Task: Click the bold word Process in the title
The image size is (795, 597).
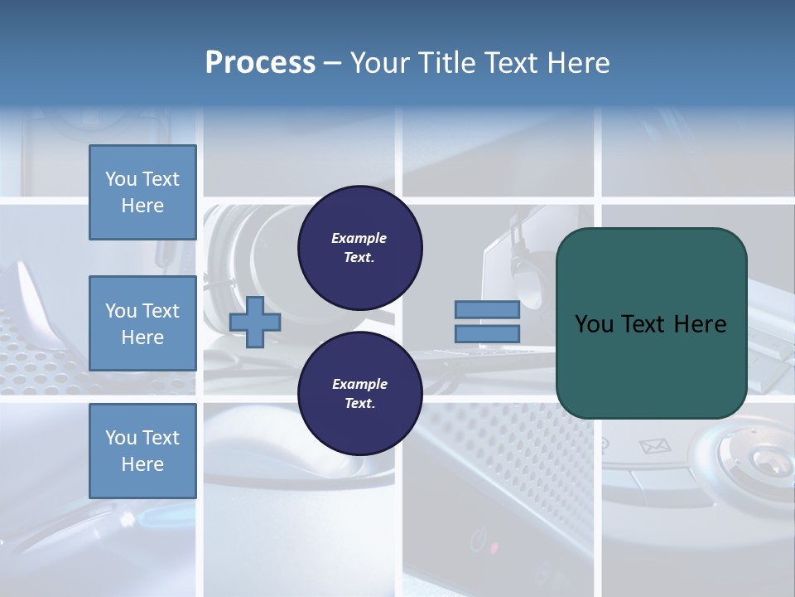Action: pyautogui.click(x=260, y=63)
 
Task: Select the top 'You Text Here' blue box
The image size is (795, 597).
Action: pyautogui.click(x=142, y=192)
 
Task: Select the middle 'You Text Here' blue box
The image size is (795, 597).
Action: pyautogui.click(x=142, y=323)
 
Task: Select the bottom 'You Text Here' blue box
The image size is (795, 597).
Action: pyautogui.click(x=142, y=451)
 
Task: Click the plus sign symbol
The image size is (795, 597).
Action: pyautogui.click(x=255, y=322)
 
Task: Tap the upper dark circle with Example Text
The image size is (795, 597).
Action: pyautogui.click(x=360, y=248)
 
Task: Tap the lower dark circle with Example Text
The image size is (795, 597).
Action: pyautogui.click(x=360, y=394)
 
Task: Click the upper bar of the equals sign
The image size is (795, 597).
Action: pyautogui.click(x=487, y=310)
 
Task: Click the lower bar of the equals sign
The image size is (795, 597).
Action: pyautogui.click(x=487, y=334)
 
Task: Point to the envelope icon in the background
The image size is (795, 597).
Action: pyautogui.click(x=654, y=447)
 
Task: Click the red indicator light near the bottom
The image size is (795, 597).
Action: pyautogui.click(x=494, y=548)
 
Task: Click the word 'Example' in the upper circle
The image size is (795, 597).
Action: pyautogui.click(x=359, y=238)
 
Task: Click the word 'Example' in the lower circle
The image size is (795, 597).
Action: pyautogui.click(x=359, y=384)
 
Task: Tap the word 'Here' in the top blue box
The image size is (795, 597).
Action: pyautogui.click(x=142, y=206)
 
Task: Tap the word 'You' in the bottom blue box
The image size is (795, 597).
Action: pyautogui.click(x=121, y=438)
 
